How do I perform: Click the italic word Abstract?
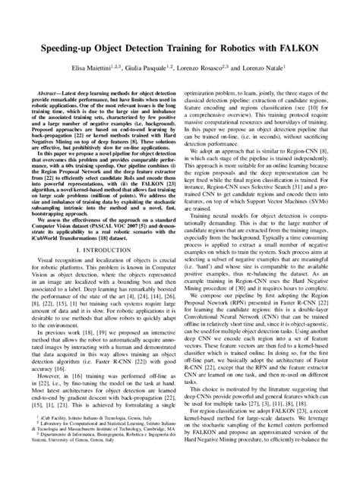click(x=46, y=90)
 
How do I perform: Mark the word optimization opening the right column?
click(x=202, y=90)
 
